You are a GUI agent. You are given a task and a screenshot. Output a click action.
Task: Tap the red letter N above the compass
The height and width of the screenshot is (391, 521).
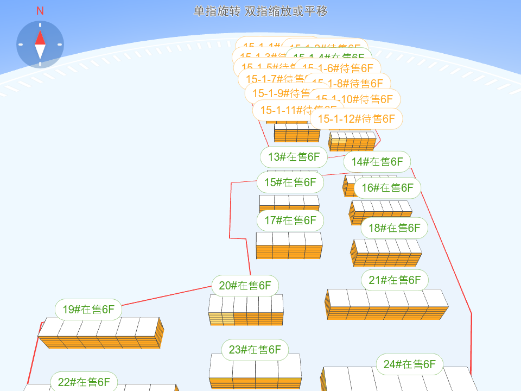[40, 11]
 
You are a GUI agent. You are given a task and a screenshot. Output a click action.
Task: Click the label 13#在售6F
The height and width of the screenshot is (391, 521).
[294, 157]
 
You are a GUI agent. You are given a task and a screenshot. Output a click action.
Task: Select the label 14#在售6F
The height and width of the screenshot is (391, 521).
[377, 161]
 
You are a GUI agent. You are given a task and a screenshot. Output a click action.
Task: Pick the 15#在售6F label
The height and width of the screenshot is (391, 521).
[290, 182]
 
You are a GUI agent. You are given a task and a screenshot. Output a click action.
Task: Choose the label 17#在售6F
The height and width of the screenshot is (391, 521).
[290, 220]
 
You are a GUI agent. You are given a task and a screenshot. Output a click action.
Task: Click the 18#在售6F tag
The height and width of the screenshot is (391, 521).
[395, 228]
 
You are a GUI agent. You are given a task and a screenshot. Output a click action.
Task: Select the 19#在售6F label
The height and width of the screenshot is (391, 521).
[88, 310]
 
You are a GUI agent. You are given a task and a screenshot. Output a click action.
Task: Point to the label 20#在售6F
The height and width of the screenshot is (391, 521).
[245, 286]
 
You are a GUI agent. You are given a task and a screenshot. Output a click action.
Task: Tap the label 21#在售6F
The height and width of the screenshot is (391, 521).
[395, 280]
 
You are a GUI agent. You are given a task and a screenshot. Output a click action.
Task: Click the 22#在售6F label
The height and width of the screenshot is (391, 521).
[84, 382]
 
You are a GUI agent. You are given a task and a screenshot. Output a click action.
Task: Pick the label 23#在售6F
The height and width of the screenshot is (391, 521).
[255, 350]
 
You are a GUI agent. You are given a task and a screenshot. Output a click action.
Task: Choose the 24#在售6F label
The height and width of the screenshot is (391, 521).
[409, 364]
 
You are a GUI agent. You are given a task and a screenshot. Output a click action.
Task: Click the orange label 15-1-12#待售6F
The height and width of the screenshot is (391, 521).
[356, 119]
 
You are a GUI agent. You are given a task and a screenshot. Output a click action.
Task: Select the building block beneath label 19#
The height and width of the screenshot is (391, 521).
[100, 332]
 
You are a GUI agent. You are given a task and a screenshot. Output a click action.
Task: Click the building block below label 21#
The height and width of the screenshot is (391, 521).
[386, 305]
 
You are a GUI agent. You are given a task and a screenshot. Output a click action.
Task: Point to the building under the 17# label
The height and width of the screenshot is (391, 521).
[289, 245]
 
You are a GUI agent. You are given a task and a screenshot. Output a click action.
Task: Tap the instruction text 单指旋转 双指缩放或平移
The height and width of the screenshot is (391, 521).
[260, 11]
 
